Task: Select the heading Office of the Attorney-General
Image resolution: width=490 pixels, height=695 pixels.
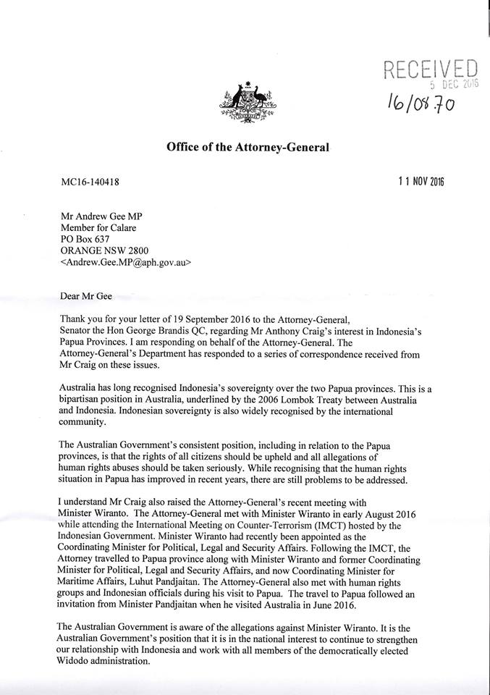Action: click(248, 148)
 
